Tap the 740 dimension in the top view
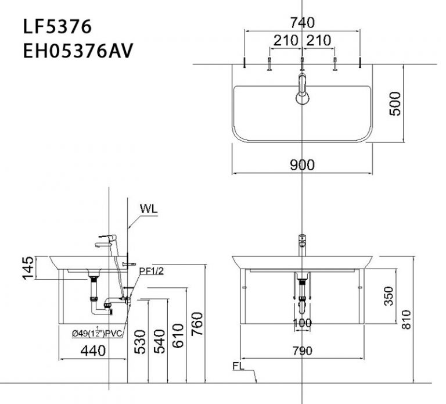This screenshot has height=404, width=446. [x=303, y=23]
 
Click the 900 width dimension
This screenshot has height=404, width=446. [x=303, y=165]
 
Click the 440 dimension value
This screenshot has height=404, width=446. [x=93, y=351]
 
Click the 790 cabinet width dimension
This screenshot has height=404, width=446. [x=303, y=351]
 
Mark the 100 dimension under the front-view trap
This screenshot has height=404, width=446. [x=303, y=323]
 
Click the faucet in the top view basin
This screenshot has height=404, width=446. [x=302, y=87]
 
